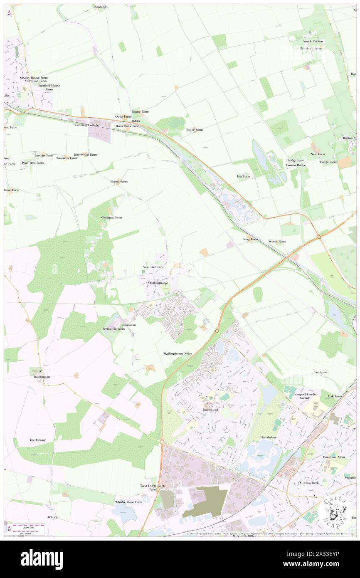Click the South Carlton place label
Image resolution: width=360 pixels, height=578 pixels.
pos(313,41)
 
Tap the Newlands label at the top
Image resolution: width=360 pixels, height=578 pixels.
pos(101,7)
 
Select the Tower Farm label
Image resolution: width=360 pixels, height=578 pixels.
pos(194,130)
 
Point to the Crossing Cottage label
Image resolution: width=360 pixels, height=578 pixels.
pos(87,125)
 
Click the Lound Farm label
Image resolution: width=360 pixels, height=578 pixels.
pos(119,182)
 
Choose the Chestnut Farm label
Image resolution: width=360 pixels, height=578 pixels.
pos(111,217)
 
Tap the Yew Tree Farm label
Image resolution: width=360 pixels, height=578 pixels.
pos(153,267)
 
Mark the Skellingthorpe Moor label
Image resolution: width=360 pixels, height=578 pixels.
pos(178,353)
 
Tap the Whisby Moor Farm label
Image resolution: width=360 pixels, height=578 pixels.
pos(128,502)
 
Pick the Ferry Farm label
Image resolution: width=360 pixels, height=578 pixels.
pos(250,240)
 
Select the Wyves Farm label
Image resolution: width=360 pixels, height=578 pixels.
pos(277,242)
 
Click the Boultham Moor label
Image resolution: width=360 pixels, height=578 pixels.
pos(323,457)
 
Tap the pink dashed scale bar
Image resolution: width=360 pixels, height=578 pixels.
pos(33,526)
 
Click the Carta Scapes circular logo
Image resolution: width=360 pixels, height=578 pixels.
pos(336,511)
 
